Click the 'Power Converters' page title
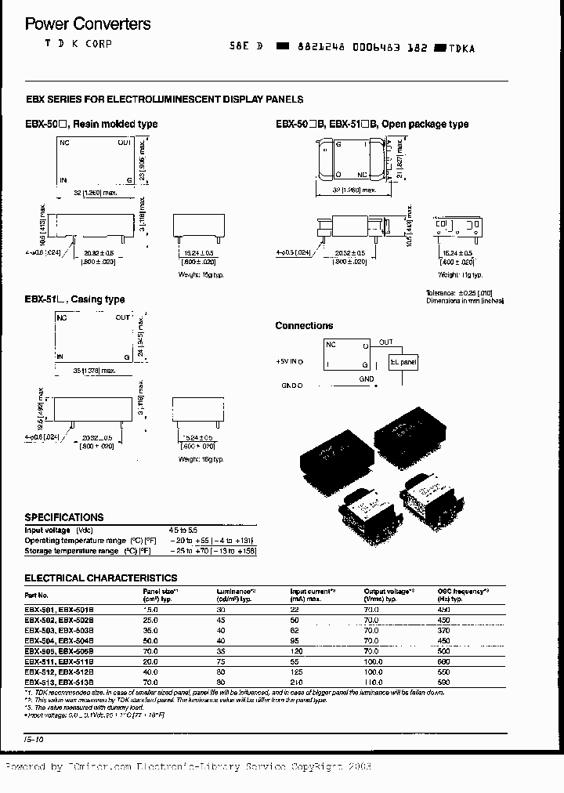click(88, 24)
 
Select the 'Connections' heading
click(304, 325)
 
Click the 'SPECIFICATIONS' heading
click(64, 517)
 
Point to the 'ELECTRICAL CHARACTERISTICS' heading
click(100, 578)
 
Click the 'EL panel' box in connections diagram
click(404, 363)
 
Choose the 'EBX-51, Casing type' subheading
click(75, 299)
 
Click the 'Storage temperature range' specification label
click(71, 551)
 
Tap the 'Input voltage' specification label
click(47, 530)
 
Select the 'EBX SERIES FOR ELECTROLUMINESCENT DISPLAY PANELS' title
click(164, 100)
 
